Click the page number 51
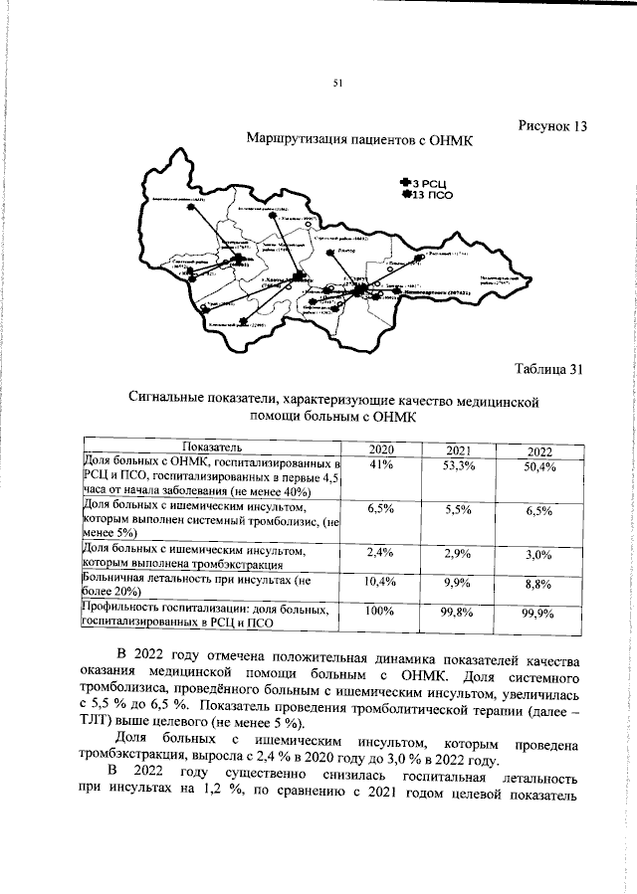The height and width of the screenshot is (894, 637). point(337,83)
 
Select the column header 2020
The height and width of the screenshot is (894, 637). point(381,449)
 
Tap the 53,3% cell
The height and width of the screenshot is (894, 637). point(457,466)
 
